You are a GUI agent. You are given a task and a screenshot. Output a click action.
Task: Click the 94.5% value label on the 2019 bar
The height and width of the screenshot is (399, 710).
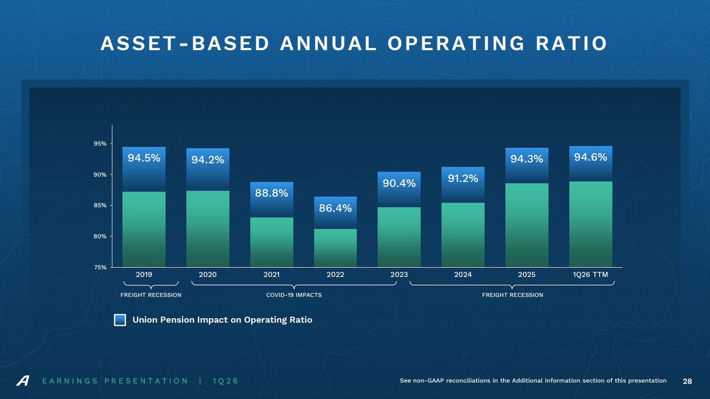[144, 158]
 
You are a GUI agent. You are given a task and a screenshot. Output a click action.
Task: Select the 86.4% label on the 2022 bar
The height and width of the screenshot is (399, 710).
[335, 208]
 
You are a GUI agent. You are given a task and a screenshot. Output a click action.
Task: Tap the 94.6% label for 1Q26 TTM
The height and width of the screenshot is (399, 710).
[591, 157]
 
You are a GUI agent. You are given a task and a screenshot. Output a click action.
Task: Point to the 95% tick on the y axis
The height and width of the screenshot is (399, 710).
[100, 143]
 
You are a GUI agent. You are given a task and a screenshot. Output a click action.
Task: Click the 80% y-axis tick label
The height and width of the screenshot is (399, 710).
[100, 237]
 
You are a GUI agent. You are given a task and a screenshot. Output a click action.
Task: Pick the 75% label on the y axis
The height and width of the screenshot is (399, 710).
[100, 268]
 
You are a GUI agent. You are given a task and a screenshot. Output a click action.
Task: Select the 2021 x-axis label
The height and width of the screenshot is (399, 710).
[272, 274]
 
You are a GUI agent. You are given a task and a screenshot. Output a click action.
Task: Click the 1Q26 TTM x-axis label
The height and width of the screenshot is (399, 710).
[591, 274]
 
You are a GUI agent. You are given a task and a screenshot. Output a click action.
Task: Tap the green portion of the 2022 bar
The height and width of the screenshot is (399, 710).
[335, 248]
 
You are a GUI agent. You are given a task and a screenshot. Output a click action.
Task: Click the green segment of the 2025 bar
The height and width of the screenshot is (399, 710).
[527, 225]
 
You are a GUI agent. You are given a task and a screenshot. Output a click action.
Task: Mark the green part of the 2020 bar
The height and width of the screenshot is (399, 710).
[208, 229]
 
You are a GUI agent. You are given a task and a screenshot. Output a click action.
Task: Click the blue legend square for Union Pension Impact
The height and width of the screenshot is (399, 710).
[120, 320]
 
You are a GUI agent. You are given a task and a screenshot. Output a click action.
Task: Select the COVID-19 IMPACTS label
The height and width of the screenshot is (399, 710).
[294, 295]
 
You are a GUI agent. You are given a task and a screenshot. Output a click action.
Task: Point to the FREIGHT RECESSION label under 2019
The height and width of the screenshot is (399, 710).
[151, 295]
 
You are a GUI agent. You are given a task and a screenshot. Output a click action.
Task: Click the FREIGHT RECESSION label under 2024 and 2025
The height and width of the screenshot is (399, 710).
[513, 295]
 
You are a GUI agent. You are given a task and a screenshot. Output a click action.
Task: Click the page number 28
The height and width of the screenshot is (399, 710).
[687, 381]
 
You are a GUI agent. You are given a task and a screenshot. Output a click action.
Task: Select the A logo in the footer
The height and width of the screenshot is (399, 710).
[23, 381]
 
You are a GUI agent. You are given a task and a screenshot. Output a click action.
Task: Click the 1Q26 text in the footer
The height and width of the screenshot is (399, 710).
[225, 381]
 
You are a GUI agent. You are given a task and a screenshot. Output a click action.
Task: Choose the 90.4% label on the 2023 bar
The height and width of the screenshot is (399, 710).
[399, 183]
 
